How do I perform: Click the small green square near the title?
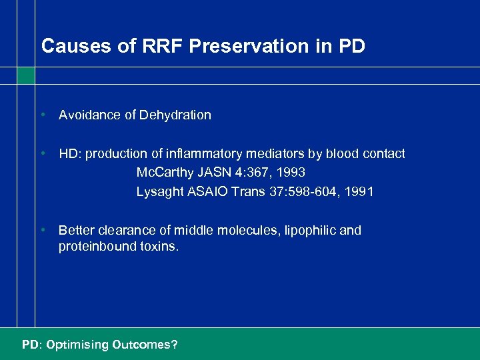(x=26, y=76)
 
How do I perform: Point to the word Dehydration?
(x=175, y=115)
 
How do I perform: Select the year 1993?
(x=291, y=173)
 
